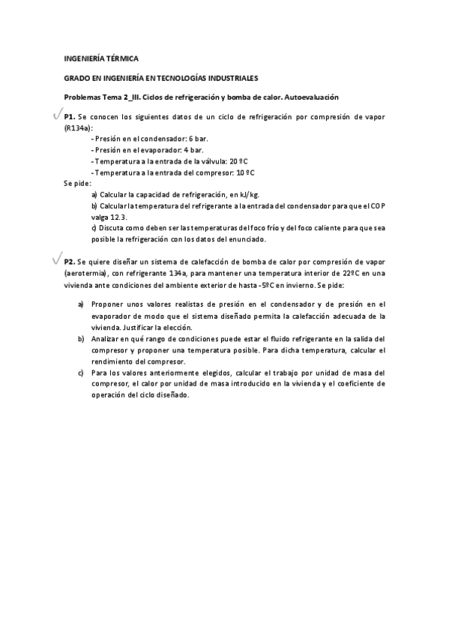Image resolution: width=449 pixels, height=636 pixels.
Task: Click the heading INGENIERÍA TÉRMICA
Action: click(100, 58)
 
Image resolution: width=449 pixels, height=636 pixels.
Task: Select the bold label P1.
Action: click(69, 118)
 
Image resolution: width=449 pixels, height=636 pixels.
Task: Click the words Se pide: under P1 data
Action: click(76, 182)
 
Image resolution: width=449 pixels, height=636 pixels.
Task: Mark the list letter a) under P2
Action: click(81, 304)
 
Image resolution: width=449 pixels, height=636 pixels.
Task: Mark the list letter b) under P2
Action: click(81, 339)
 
